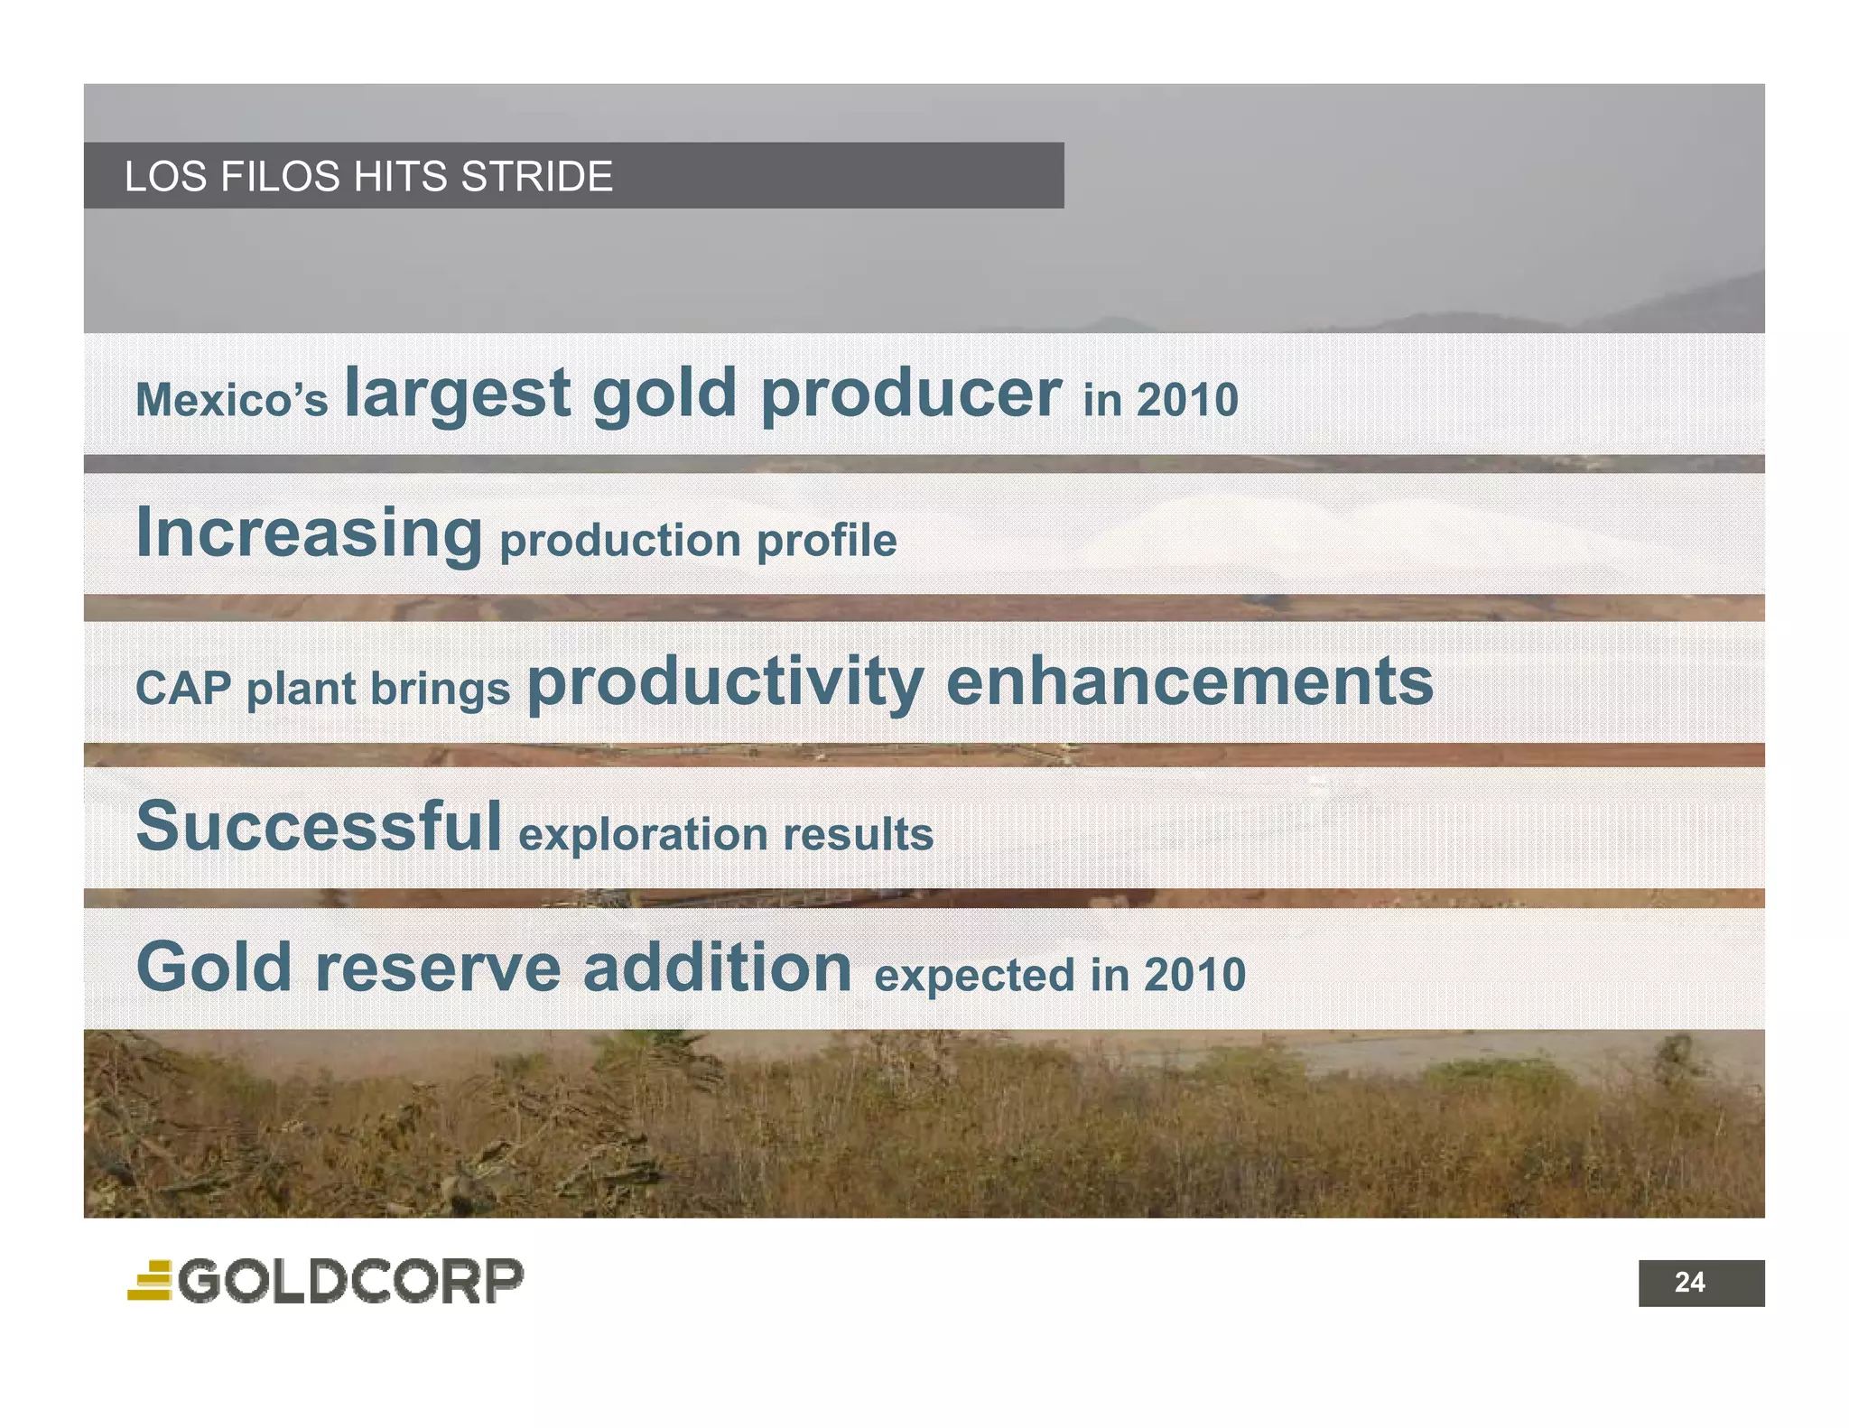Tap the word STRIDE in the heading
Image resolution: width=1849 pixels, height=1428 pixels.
[x=536, y=176]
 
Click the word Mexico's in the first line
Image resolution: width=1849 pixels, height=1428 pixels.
[x=231, y=400]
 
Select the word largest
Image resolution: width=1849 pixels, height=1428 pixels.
[x=458, y=394]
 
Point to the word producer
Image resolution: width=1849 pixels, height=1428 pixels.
[x=911, y=394]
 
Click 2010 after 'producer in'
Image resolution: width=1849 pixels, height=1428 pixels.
[x=1187, y=400]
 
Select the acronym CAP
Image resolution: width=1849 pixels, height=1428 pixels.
[x=183, y=689]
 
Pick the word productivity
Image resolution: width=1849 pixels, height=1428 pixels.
[x=725, y=682]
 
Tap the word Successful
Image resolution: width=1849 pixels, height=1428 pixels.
[x=318, y=826]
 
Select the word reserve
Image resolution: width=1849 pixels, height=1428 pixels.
[x=438, y=968]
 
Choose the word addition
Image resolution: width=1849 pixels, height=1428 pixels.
[x=717, y=968]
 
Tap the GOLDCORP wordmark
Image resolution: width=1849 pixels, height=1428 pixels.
[x=351, y=1281]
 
